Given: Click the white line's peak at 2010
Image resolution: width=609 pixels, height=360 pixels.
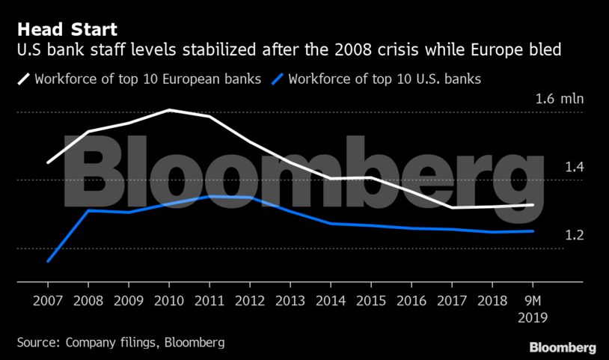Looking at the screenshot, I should [169, 110].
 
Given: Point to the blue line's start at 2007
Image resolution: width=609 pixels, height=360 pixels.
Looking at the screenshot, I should [48, 261].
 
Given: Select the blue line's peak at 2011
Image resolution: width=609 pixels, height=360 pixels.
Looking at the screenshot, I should [209, 196].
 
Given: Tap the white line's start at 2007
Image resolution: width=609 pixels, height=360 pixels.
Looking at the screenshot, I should [48, 162].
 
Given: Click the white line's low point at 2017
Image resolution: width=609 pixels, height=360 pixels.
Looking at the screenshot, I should [452, 207].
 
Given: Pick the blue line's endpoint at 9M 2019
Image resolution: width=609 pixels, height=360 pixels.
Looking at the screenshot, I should [533, 231].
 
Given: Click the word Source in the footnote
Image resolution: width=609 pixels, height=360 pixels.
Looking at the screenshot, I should [37, 342].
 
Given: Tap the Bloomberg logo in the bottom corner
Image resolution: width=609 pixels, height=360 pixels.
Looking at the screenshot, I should [563, 347].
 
